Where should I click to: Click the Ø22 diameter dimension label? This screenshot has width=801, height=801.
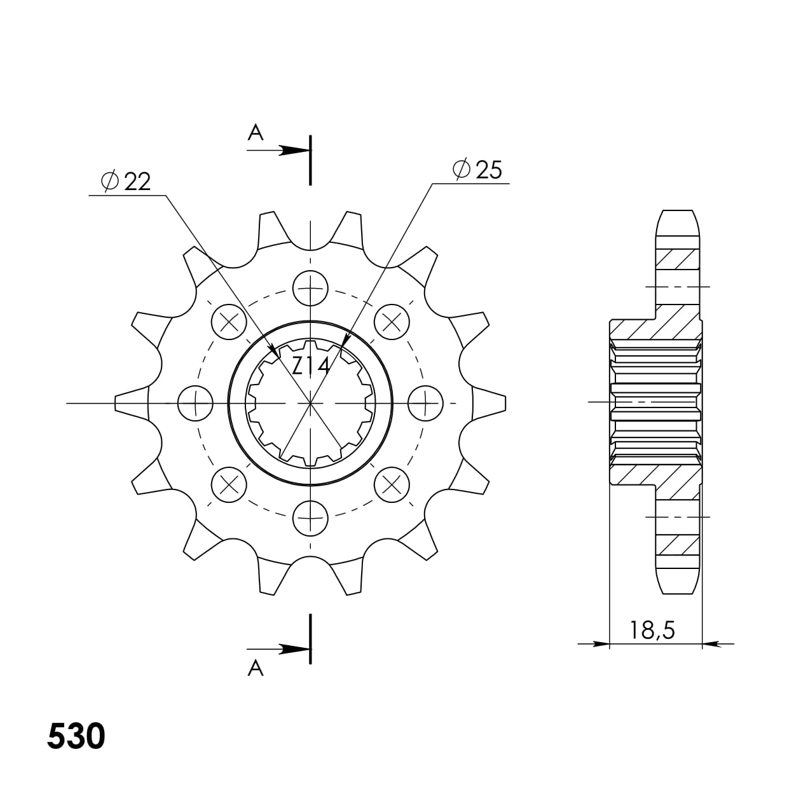pyautogui.click(x=126, y=182)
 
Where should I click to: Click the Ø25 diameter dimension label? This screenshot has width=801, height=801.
pyautogui.click(x=477, y=170)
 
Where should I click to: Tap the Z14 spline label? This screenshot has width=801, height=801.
pyautogui.click(x=310, y=366)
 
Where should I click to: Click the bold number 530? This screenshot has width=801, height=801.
pyautogui.click(x=76, y=737)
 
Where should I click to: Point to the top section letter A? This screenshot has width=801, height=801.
pyautogui.click(x=255, y=132)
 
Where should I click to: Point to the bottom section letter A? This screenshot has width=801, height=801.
pyautogui.click(x=255, y=668)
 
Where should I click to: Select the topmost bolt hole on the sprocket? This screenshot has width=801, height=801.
pyautogui.click(x=310, y=288)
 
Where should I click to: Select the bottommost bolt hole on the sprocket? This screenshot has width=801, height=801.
pyautogui.click(x=310, y=517)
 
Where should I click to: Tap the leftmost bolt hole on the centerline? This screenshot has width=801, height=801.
pyautogui.click(x=196, y=403)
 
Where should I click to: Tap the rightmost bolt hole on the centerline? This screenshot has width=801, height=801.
pyautogui.click(x=425, y=403)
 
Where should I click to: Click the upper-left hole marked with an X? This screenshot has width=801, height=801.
pyautogui.click(x=229, y=322)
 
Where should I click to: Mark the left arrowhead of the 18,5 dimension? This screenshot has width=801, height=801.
pyautogui.click(x=598, y=644)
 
